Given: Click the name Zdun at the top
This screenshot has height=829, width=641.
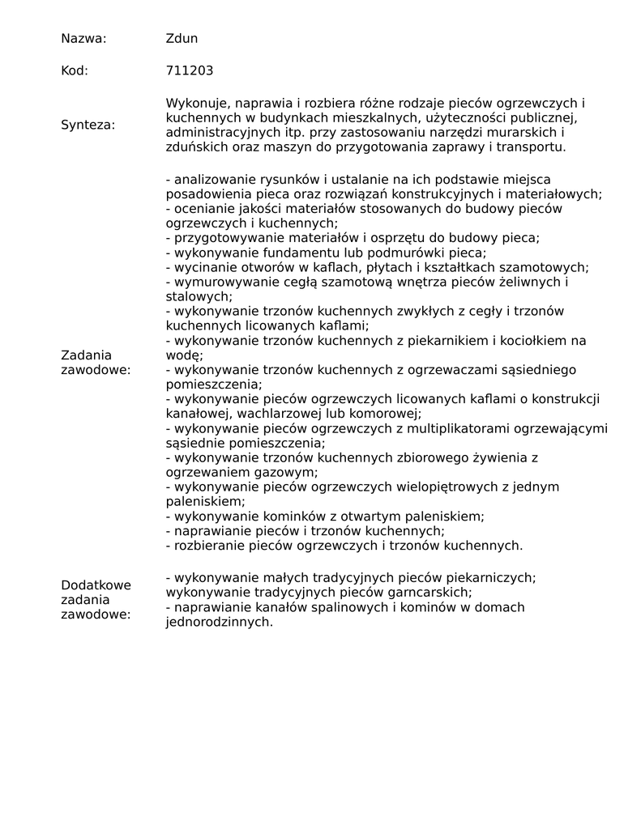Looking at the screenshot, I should [x=182, y=38].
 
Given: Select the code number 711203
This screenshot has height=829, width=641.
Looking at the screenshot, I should [x=190, y=70].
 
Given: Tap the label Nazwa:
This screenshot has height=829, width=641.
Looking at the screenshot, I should [x=83, y=38].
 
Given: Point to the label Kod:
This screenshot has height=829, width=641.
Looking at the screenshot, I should [x=75, y=70].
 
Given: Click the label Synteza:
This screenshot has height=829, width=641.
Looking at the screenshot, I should [x=88, y=125].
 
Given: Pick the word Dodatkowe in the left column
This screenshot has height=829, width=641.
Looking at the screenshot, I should [x=96, y=585].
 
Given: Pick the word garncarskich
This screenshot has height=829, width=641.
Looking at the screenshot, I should [x=429, y=592].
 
